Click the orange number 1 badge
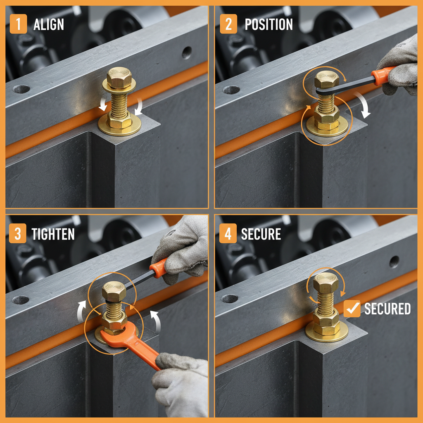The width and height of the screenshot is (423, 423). tap(18, 25)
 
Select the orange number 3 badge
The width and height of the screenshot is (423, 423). tap(18, 234)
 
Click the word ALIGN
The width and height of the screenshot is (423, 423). tap(49, 25)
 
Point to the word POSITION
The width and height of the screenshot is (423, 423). tap(269, 25)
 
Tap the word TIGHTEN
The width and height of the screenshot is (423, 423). tap(53, 235)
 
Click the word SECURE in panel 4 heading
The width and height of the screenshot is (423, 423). tap(261, 235)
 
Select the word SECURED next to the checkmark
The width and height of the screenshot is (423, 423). tap(387, 309)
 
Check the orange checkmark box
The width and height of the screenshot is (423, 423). tap(352, 309)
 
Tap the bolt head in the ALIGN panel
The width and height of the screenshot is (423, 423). tap(119, 77)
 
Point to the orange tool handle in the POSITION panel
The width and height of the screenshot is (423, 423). tap(382, 76)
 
